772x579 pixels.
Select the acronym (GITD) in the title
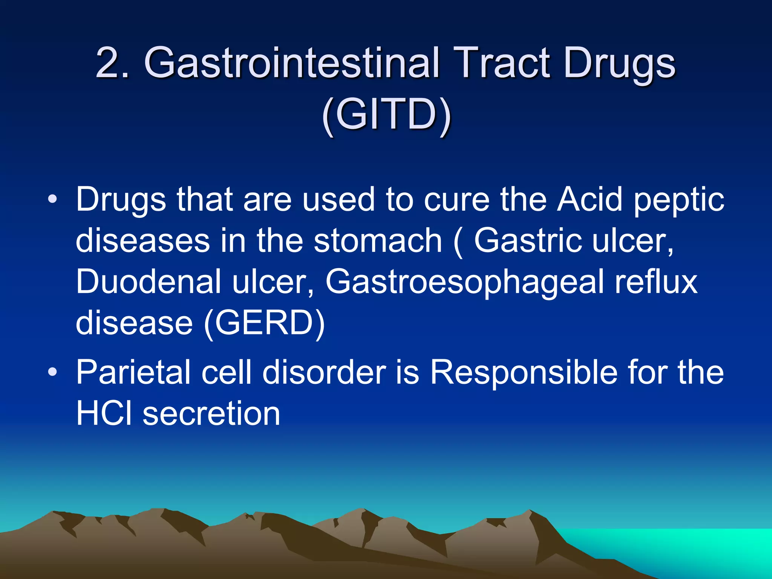point(386,115)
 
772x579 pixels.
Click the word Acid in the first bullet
point(590,199)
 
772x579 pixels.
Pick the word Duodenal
point(149,282)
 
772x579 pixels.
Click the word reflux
point(656,282)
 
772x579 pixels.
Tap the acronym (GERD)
point(264,323)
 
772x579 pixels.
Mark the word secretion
point(211,414)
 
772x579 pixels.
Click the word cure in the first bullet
point(456,199)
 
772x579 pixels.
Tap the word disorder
point(324,372)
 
